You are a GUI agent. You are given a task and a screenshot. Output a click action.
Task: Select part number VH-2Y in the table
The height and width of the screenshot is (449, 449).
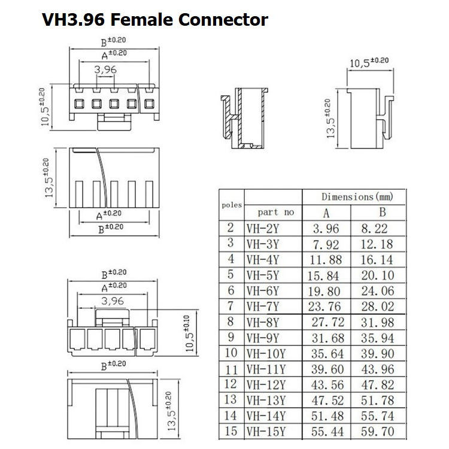click(263, 229)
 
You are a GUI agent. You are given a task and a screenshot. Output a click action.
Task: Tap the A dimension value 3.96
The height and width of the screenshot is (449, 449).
click(326, 229)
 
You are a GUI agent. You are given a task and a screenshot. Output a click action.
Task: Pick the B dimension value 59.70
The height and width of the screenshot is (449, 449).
click(378, 432)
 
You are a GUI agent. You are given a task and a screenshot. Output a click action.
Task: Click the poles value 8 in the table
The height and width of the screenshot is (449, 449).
click(230, 321)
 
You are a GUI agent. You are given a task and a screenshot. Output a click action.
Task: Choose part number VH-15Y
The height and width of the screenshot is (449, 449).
click(266, 432)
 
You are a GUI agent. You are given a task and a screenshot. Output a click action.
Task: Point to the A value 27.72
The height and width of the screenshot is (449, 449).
click(328, 322)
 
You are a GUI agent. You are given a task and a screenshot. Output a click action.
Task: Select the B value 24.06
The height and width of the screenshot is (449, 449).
click(378, 291)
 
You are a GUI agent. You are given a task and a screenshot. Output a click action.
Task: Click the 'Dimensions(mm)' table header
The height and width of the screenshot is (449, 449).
click(357, 197)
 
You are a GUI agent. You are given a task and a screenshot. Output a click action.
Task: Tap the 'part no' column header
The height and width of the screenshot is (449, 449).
click(276, 212)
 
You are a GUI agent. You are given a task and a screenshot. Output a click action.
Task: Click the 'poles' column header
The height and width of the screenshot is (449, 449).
click(232, 205)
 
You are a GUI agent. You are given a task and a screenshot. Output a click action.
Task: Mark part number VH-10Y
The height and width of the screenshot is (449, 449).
click(266, 354)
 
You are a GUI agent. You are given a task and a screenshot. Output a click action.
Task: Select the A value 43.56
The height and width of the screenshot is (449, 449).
click(327, 385)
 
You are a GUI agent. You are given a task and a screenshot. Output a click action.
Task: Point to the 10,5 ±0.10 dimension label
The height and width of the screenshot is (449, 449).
click(190, 333)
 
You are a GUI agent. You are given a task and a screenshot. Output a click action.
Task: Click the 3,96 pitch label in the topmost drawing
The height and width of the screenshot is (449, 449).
click(105, 69)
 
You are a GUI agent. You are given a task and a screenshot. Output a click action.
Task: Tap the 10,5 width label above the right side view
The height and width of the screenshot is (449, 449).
click(369, 62)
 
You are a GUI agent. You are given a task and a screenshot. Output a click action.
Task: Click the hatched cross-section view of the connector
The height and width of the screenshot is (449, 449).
click(244, 118)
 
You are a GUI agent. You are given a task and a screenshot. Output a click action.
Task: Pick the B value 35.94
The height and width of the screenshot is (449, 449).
click(378, 338)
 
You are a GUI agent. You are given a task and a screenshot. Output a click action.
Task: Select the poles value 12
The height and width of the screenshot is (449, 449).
click(230, 384)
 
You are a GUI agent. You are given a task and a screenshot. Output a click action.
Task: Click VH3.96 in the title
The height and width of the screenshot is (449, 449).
click(73, 20)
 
